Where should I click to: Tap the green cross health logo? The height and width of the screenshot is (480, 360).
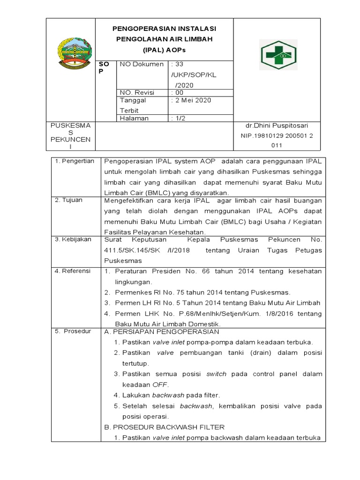coord(278,55)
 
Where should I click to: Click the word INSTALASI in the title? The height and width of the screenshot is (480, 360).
coord(194,29)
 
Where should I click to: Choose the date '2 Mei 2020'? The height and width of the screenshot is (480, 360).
coord(193,100)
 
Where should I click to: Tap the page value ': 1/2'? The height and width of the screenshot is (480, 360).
coord(179,118)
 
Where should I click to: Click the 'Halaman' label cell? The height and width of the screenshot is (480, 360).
coord(134,118)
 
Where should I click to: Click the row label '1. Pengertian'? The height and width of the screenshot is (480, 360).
coord(75,161)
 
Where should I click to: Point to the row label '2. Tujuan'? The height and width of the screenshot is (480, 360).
coord(69,200)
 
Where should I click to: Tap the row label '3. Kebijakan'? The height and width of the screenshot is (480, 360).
coord(74,240)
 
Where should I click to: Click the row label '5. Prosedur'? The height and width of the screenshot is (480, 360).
coord(73,331)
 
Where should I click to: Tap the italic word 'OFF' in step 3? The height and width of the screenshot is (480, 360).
coord(160,384)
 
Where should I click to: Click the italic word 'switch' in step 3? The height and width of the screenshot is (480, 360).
coord(217,374)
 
